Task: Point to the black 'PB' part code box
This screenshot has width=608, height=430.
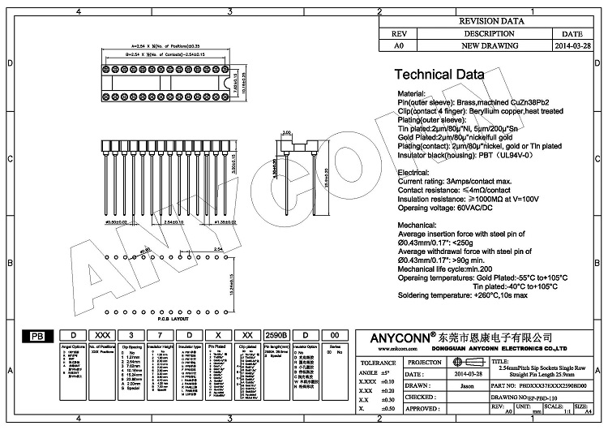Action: click(x=37, y=335)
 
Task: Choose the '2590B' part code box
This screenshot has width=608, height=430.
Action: click(x=276, y=334)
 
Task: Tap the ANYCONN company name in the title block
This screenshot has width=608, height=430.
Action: click(x=392, y=337)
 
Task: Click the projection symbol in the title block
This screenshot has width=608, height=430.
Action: click(x=466, y=363)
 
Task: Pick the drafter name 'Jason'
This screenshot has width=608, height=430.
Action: click(x=467, y=386)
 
